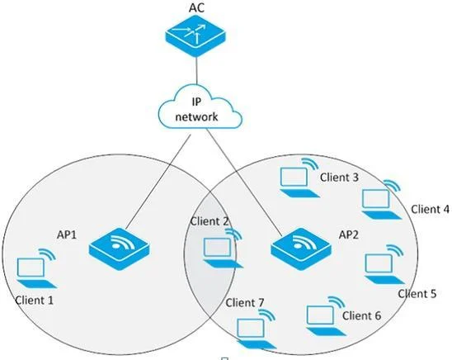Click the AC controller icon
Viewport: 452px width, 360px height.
pos(195,36)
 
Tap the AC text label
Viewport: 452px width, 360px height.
pos(196,7)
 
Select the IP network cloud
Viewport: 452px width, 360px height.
pos(200,107)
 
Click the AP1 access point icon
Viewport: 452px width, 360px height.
pos(119,249)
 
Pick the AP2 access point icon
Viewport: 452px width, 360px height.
pos(301,249)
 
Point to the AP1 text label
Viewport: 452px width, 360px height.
pos(67,234)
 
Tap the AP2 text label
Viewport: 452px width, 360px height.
pos(349,234)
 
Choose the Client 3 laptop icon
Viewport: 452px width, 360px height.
pos(299,178)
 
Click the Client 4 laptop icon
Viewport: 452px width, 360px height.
pos(381,200)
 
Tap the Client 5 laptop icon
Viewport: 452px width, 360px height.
pos(384,264)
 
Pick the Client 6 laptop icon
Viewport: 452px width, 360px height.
pos(326,316)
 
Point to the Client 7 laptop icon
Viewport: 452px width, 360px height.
pos(257,329)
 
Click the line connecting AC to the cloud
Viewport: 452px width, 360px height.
pos(196,70)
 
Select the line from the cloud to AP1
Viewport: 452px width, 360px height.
pos(158,182)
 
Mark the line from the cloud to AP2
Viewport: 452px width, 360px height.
pos(244,183)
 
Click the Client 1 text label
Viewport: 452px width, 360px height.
pos(35,301)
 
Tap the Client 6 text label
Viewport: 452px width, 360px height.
pos(362,315)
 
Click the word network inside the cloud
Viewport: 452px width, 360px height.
pos(196,116)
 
